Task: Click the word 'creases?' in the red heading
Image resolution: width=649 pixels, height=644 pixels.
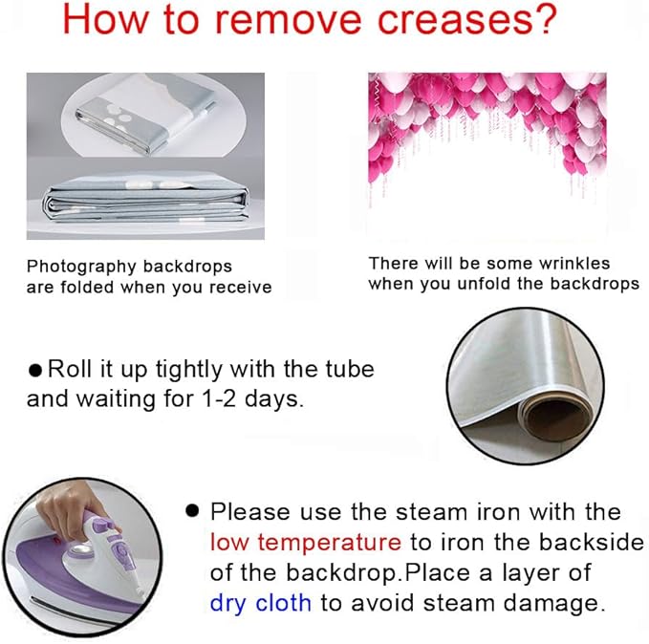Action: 466,20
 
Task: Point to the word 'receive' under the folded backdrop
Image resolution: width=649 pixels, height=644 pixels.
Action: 241,288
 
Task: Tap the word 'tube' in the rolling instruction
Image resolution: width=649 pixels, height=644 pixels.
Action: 350,369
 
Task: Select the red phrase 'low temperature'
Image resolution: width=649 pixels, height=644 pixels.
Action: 306,542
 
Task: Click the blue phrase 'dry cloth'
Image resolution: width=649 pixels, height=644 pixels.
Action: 260,603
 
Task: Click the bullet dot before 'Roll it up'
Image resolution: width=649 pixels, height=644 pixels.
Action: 35,370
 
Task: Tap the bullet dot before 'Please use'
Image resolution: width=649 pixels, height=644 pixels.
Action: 192,511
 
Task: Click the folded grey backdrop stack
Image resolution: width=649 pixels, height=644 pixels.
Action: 145,201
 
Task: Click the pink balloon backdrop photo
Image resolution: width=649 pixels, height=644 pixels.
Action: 487,156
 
